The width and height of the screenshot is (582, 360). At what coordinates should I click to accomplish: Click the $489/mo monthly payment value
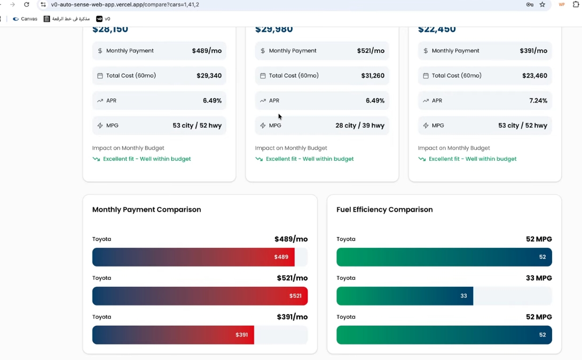pos(207,51)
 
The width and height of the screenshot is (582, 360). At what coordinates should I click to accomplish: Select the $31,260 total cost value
pos(373,76)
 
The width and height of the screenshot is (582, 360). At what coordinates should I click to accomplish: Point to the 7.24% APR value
pos(538,100)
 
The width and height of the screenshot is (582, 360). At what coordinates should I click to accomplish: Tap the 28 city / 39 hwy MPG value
pos(360,126)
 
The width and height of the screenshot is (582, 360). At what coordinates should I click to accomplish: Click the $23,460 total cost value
pos(534,76)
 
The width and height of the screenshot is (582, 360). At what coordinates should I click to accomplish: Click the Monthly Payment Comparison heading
pos(147,209)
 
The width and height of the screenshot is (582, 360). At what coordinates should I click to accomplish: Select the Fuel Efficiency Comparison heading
pos(384,209)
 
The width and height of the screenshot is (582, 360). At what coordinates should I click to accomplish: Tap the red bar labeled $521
pos(200,296)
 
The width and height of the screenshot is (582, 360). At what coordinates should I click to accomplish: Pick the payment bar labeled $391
pos(173,335)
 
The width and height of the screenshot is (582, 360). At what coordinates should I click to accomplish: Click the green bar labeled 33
pos(405,296)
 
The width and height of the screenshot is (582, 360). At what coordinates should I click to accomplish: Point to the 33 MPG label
pos(539,278)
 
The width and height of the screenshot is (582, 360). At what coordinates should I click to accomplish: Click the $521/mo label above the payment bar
pos(292,278)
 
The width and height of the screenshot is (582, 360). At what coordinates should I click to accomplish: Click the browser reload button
pos(27,4)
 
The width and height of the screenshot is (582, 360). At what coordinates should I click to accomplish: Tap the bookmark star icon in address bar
pos(542,4)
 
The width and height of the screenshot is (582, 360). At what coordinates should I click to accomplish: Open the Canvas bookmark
pos(25,19)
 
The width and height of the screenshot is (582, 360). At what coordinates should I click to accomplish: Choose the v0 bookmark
pos(104,19)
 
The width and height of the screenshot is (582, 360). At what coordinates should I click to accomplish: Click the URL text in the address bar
pos(125,4)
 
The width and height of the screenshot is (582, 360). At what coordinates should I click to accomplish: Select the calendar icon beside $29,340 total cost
pos(100,76)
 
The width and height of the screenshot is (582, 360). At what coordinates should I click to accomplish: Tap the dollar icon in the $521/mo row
pos(263,51)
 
